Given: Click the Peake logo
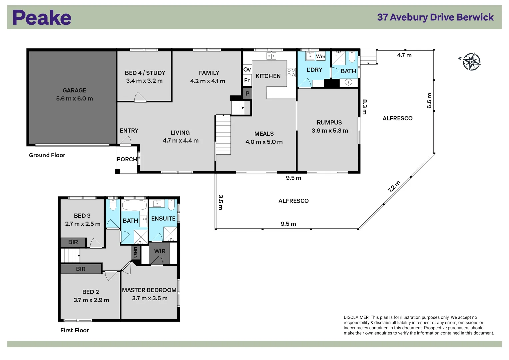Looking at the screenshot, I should click(x=42, y=18).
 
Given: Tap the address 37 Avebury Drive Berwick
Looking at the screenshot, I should click(x=435, y=17).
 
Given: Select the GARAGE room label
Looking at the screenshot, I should click(x=74, y=90).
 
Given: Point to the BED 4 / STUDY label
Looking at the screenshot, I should click(x=145, y=73).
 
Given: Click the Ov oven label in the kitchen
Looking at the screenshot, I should click(x=247, y=70).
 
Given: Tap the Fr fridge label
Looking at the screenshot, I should click(x=247, y=80).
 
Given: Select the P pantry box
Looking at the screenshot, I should click(x=247, y=94).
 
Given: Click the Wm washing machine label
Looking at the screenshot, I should click(x=320, y=56).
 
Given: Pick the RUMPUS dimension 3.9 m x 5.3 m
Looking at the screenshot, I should click(x=330, y=131).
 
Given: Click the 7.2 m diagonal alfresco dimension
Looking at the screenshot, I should click(x=394, y=187).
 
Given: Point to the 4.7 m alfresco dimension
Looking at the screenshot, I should click(x=404, y=55).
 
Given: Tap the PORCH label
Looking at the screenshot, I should click(x=127, y=159).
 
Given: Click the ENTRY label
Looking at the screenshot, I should click(x=129, y=131).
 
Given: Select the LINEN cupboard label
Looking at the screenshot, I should click(x=135, y=252).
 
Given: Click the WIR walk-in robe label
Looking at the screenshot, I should click(x=160, y=251).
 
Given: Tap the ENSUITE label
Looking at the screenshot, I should click(x=163, y=219).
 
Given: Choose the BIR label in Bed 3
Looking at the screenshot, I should click(x=73, y=242).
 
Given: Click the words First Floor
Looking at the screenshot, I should click(x=75, y=330).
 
